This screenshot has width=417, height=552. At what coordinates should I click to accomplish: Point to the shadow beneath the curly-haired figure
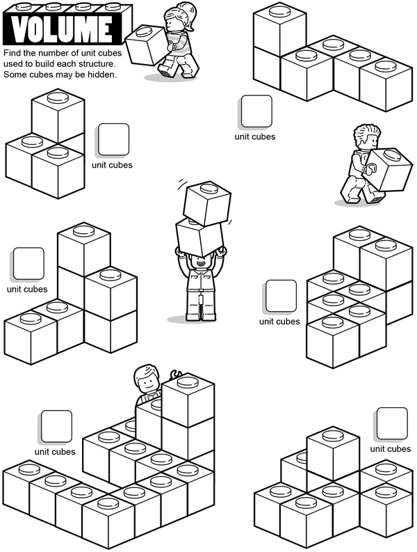point(359,203)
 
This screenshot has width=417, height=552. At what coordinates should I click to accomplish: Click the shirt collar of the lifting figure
point(200,274)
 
